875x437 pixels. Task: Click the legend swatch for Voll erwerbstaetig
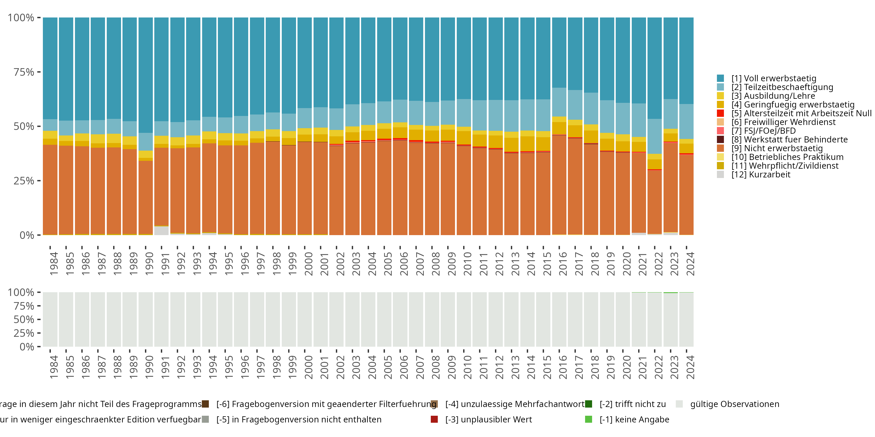coord(720,78)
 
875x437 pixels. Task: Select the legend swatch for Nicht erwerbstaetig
coord(720,148)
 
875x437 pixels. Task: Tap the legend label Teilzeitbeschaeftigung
coord(782,87)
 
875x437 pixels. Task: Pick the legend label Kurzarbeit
coord(761,175)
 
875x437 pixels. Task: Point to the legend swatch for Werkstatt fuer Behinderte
coord(720,140)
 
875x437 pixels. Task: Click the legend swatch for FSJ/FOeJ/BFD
coord(720,131)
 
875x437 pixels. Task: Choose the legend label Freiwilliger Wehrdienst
coord(783,122)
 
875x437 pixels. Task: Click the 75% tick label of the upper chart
coord(24,72)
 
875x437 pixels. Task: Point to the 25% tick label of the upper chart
coord(24,181)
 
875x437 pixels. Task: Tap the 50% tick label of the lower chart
coord(24,320)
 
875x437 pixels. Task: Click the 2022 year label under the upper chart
coord(659,264)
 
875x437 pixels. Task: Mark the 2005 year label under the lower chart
coord(388,367)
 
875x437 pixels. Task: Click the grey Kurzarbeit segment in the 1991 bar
coord(161,231)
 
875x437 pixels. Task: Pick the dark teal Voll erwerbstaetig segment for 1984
coord(50,68)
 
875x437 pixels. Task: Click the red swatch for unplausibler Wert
coord(434,419)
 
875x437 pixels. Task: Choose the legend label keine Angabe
coord(634,419)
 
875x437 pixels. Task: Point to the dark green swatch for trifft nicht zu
coord(589,404)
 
